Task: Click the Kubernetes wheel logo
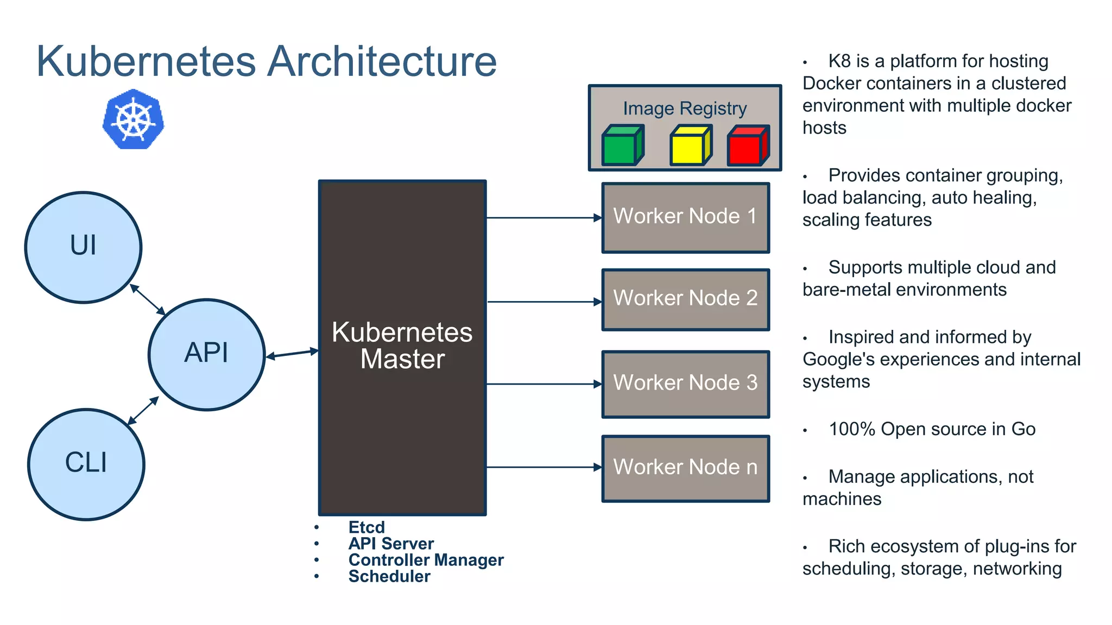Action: [x=133, y=119]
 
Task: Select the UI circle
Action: [x=83, y=247]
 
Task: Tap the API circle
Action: [x=206, y=354]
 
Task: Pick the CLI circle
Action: [x=86, y=464]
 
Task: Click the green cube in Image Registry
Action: [x=622, y=145]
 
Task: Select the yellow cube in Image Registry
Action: [x=690, y=145]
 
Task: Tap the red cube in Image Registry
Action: [x=748, y=145]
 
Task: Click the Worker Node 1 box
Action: [x=685, y=217]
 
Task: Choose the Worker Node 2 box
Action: [x=685, y=299]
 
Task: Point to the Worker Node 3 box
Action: [x=685, y=384]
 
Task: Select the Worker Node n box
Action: [x=685, y=468]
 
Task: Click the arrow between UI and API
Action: [x=148, y=299]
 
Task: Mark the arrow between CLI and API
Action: [x=143, y=411]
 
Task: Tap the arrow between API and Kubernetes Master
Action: [x=292, y=354]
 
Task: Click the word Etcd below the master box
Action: [x=367, y=527]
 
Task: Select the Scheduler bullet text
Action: [x=389, y=576]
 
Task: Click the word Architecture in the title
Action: [x=382, y=61]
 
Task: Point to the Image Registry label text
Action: [x=685, y=109]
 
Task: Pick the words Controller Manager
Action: [x=426, y=560]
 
